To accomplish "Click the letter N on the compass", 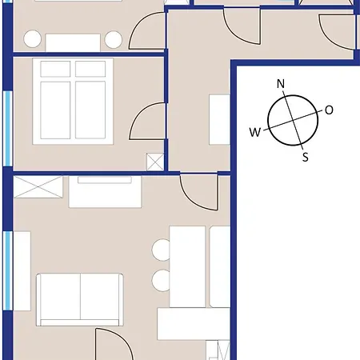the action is click(x=281, y=84).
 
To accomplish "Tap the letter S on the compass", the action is click(x=306, y=157).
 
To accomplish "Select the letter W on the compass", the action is click(x=255, y=132).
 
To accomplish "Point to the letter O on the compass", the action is click(x=329, y=110).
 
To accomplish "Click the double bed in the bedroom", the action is click(x=73, y=102).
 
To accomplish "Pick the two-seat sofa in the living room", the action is click(x=80, y=299).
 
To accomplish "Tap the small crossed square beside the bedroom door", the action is click(x=155, y=162).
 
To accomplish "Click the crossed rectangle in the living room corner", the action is click(x=38, y=186).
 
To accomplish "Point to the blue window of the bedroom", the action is click(x=9, y=129).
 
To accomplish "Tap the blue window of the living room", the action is click(x=9, y=270).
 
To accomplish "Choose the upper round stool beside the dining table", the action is click(x=161, y=250).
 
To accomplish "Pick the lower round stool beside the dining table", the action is click(x=161, y=281).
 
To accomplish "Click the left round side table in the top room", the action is click(x=32, y=39).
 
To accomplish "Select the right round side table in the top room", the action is click(x=114, y=39).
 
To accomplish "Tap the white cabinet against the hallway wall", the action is click(x=219, y=119).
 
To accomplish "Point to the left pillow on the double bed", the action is click(x=55, y=69).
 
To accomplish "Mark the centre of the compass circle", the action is click(x=293, y=120).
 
